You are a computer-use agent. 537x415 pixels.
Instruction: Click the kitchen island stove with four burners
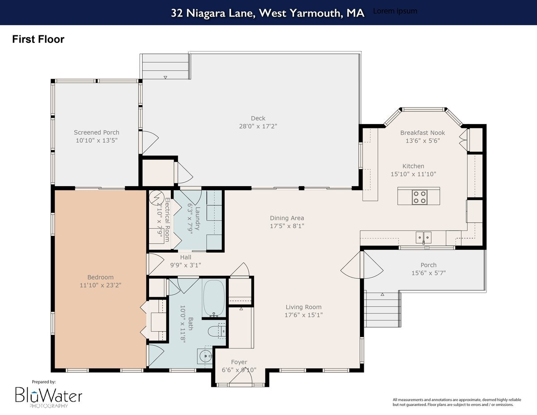[419, 197]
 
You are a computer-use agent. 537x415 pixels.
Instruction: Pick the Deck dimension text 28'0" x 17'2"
[258, 126]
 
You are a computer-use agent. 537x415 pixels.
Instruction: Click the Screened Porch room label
[97, 133]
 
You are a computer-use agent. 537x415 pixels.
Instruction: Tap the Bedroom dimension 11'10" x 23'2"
[100, 285]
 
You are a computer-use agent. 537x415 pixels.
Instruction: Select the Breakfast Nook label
[423, 133]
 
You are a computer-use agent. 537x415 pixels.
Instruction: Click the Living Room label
[304, 307]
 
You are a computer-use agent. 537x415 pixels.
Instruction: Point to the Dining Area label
[287, 218]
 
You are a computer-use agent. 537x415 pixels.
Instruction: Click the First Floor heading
[38, 39]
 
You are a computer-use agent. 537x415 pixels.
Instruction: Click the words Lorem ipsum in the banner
[395, 11]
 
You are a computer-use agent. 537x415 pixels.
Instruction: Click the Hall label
[186, 257]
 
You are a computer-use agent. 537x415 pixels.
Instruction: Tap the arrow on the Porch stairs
[383, 295]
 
